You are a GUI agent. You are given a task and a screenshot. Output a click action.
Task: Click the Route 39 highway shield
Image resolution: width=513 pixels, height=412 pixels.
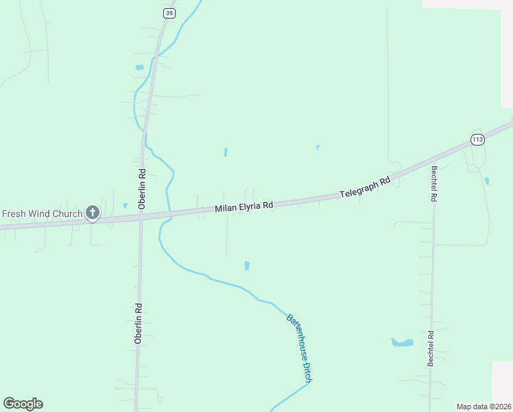click(x=169, y=13)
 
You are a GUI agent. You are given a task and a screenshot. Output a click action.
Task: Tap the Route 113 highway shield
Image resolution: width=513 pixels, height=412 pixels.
click(x=477, y=139)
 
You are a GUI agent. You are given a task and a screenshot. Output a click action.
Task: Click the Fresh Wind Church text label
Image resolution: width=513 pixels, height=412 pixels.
click(x=42, y=214)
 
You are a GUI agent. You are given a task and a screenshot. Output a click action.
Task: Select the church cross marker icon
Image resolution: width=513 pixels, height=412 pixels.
click(x=93, y=214)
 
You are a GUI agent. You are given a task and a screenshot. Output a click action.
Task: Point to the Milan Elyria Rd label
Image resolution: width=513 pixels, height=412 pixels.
click(x=244, y=206)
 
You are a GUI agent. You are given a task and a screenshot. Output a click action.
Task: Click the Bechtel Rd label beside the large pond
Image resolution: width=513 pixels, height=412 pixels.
click(x=431, y=349)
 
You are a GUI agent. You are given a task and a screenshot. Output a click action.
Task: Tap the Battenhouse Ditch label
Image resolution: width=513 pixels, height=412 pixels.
click(x=300, y=349)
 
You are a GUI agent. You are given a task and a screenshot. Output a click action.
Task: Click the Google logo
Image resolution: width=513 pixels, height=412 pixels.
click(x=23, y=404)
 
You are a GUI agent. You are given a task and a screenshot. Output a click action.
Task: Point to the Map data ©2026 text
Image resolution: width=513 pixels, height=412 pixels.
click(x=484, y=407)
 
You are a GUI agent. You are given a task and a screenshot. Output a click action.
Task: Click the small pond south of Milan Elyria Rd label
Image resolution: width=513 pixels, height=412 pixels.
click(x=247, y=265)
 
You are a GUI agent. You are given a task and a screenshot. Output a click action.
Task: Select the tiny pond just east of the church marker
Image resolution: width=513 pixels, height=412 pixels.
click(x=125, y=205)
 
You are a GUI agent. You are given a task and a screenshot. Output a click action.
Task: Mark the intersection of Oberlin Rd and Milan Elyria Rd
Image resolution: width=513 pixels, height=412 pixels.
click(x=141, y=218)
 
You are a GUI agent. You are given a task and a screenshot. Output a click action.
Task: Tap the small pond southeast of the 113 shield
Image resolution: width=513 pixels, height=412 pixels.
click(x=486, y=181)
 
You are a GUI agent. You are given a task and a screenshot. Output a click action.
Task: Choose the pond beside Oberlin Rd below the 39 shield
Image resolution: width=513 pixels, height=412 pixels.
click(x=140, y=67)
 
